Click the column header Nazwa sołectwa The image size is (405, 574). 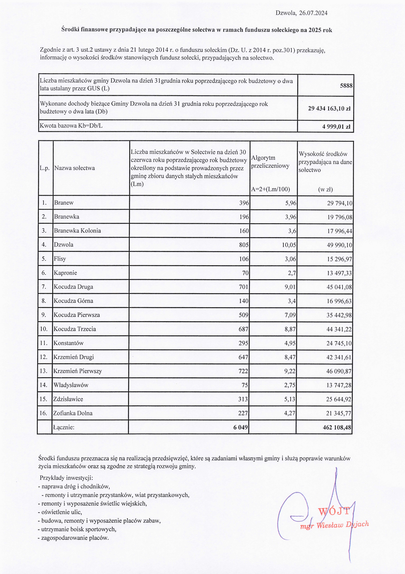pyautogui.click(x=75, y=168)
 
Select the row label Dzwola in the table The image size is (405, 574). pyautogui.click(x=64, y=245)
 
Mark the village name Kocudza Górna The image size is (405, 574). pyautogui.click(x=73, y=301)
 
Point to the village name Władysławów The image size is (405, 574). pyautogui.click(x=71, y=385)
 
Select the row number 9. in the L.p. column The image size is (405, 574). pyautogui.click(x=44, y=315)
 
